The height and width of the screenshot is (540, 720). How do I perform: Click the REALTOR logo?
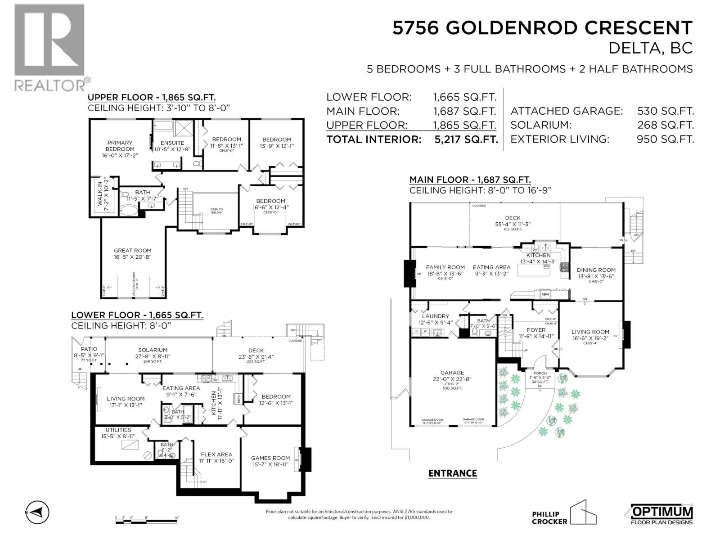50,47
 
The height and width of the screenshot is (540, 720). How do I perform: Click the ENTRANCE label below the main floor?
452,473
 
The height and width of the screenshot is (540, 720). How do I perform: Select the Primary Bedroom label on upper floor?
120,146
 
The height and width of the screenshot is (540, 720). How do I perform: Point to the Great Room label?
132,251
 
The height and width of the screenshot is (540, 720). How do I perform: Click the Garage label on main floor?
452,373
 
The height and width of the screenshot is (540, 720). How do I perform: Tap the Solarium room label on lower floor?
153,350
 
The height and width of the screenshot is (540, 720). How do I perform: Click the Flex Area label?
216,454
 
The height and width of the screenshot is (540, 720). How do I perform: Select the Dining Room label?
596,270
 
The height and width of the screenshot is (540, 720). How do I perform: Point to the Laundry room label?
435,316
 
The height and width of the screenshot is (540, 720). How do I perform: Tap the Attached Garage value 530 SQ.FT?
665,111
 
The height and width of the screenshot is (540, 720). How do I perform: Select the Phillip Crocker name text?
546,517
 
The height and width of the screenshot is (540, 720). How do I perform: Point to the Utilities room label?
118,430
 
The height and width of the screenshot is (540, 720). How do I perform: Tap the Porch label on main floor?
540,373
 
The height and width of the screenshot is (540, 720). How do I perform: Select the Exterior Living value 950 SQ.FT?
665,139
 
